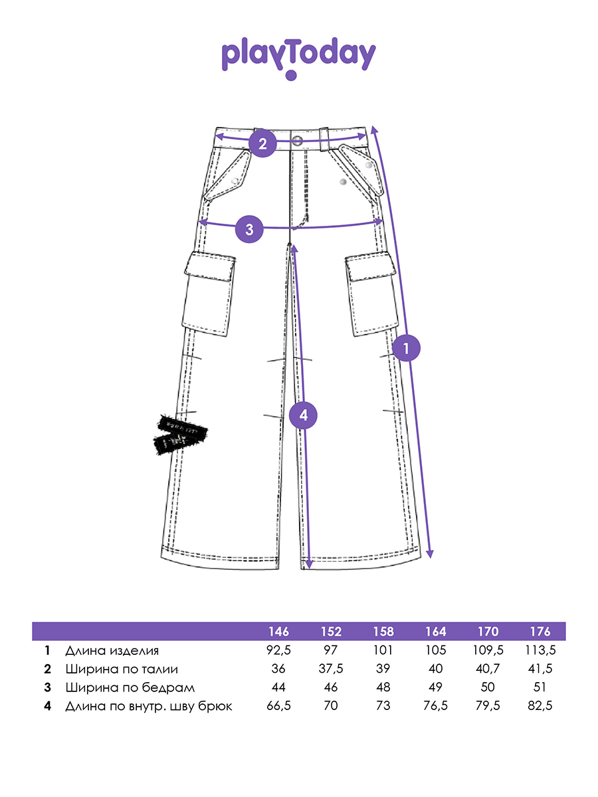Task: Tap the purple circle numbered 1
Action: [407, 347]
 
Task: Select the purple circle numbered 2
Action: [262, 143]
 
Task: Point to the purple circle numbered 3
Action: [249, 230]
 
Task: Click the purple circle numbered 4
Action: [304, 416]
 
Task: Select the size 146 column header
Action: [278, 632]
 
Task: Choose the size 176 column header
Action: [540, 632]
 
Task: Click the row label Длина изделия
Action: [112, 650]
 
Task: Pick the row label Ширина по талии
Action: [122, 669]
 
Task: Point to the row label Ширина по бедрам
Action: [130, 687]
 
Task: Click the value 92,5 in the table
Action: [278, 650]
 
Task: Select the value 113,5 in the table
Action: [540, 650]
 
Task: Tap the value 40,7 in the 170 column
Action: [488, 669]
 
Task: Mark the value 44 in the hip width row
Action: [278, 687]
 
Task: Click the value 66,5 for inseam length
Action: [278, 706]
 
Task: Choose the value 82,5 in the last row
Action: [540, 706]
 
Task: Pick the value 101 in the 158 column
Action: [383, 650]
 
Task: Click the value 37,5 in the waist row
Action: [331, 669]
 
